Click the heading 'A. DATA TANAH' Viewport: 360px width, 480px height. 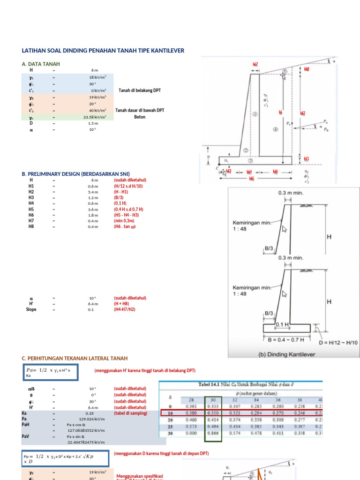[41, 64]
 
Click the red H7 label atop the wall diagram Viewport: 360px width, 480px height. [255, 64]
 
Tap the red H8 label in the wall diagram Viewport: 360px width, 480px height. [307, 69]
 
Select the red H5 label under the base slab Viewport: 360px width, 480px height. [251, 179]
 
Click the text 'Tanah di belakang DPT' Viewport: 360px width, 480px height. [140, 90]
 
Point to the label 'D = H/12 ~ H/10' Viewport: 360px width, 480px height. [338, 343]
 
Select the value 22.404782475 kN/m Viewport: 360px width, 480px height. [85, 442]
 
